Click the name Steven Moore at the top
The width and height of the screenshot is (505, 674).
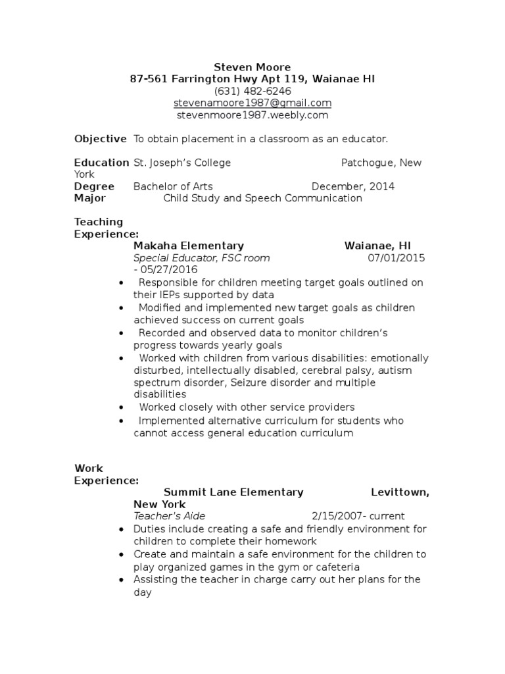point(252,67)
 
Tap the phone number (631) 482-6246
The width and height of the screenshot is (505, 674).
point(252,91)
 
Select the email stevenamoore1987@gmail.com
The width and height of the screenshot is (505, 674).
point(252,103)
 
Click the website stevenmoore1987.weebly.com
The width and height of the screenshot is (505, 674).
point(252,115)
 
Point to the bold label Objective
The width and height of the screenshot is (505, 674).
point(100,139)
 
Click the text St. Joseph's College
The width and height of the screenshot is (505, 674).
point(182,163)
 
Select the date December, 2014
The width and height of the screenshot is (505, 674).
point(353,186)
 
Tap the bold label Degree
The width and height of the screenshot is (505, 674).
point(94,186)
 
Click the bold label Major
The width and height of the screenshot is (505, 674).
point(90,198)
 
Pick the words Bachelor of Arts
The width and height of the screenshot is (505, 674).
point(173,186)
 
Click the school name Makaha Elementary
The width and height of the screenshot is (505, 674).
point(189,246)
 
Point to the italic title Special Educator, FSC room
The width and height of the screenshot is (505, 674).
point(201,257)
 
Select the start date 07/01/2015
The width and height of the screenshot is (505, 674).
point(396,257)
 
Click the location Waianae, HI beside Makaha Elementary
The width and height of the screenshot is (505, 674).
point(377,246)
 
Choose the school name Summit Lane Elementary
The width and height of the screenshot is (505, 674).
point(233,492)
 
